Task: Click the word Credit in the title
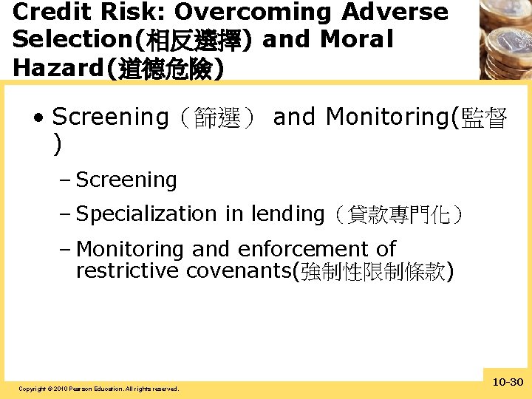49,13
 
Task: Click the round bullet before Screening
38,117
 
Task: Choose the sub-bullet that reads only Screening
126,180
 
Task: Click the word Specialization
146,214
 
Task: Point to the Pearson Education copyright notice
98,389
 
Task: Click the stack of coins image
504,38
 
